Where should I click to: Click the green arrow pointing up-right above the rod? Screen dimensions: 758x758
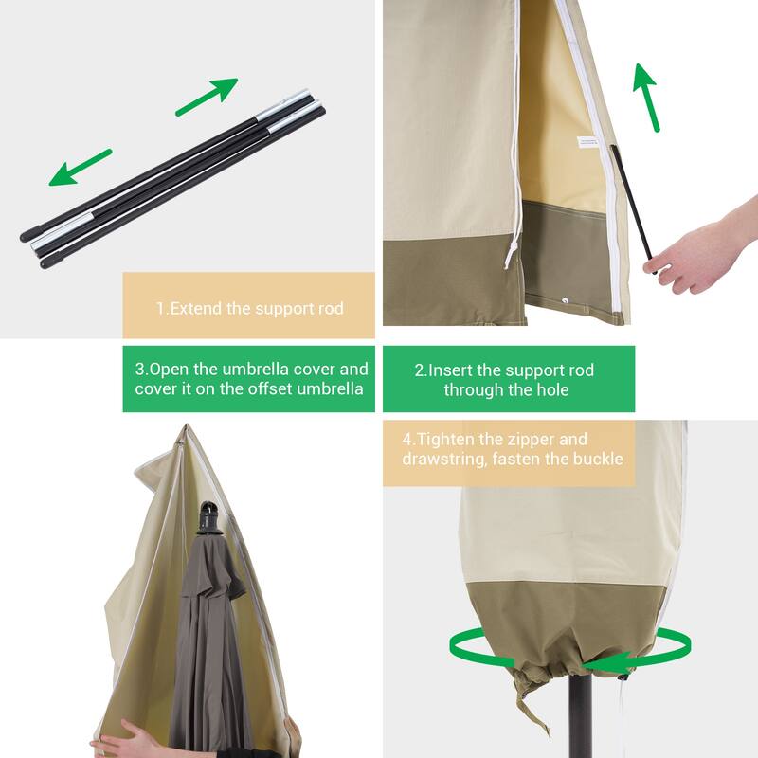point(207,97)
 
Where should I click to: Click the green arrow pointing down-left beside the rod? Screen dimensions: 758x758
point(80,168)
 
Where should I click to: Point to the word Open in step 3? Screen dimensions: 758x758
point(170,370)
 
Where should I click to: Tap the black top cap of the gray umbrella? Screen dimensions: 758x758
point(210,518)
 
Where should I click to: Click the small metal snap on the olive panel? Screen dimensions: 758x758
point(566,300)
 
